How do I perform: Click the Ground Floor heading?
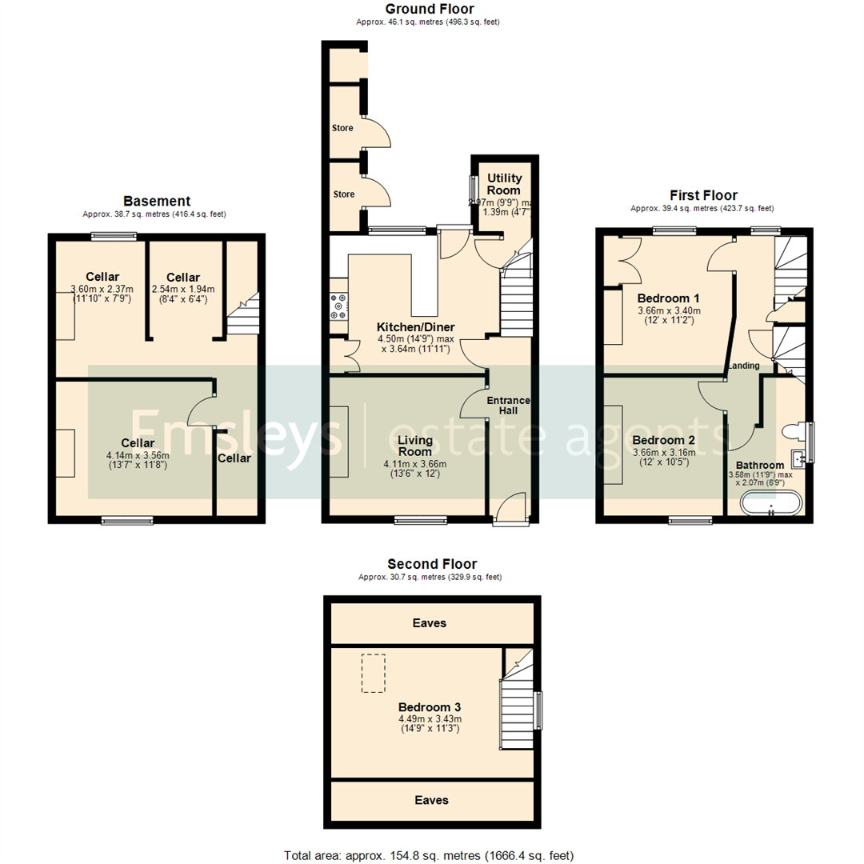[429, 10]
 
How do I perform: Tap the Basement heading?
[157, 201]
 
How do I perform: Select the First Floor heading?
[703, 195]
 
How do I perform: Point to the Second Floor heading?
[431, 564]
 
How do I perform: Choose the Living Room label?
[416, 446]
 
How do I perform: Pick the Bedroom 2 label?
[664, 440]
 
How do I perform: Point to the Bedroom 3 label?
[430, 707]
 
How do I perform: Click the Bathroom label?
[760, 465]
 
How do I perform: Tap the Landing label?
[744, 366]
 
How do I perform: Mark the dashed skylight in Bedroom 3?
[374, 673]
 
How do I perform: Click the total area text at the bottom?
[429, 855]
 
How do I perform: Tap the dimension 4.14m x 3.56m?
[138, 456]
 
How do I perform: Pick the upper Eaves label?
[430, 622]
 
